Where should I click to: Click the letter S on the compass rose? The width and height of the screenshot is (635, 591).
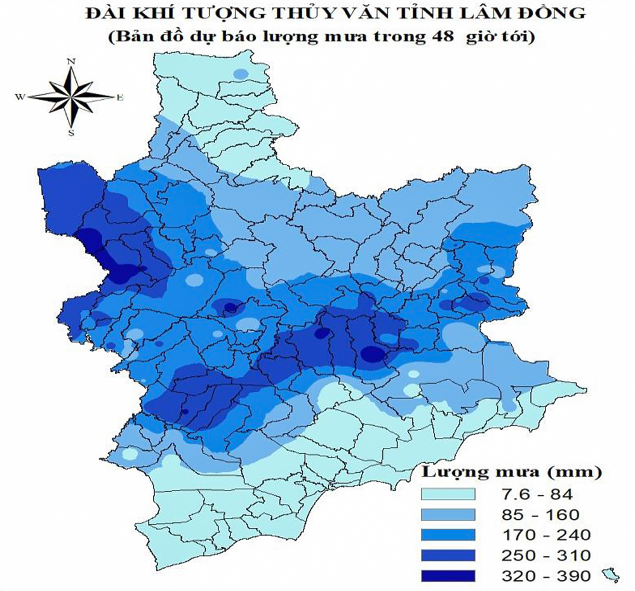tap(71, 133)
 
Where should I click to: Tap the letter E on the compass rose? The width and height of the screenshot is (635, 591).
tap(119, 97)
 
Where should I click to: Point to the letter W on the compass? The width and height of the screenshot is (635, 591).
tap(20, 97)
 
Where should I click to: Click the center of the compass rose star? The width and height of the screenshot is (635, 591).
tap(71, 97)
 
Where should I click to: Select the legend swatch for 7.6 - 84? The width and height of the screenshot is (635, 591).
tap(449, 494)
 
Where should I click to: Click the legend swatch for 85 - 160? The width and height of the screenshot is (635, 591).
tap(449, 514)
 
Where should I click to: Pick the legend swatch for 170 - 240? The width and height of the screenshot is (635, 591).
tap(449, 534)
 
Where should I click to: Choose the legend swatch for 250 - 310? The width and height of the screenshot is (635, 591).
tap(449, 555)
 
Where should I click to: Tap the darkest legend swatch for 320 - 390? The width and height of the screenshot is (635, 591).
tap(449, 575)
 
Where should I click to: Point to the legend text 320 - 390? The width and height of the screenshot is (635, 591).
tap(545, 575)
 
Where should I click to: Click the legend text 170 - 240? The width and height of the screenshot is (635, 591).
tap(545, 534)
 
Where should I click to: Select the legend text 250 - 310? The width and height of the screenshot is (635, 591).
tap(545, 555)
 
